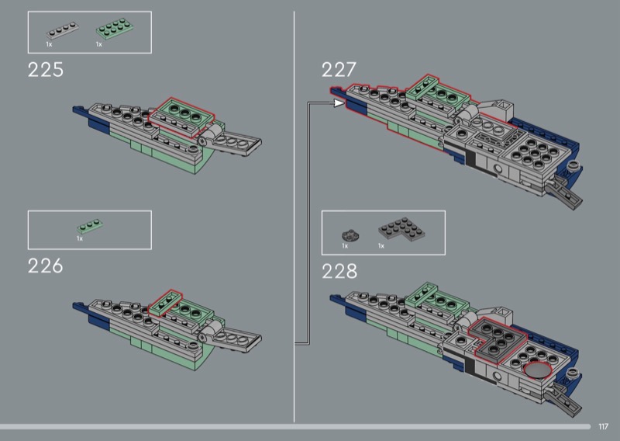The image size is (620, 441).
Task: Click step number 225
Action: [x=46, y=70]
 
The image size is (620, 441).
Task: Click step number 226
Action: [x=46, y=266]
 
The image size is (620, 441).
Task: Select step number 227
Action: [x=339, y=70]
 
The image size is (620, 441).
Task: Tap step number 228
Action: [x=339, y=272]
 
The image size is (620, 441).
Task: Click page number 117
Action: [x=603, y=426]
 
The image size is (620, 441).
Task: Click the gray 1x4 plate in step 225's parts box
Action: [x=63, y=30]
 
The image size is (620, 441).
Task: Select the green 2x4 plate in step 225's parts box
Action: [x=114, y=29]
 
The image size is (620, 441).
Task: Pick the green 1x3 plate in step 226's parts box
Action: [x=90, y=226]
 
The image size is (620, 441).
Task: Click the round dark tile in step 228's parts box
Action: [x=350, y=235]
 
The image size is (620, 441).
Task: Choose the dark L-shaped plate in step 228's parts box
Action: [x=401, y=230]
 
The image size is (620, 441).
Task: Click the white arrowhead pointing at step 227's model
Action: [x=339, y=103]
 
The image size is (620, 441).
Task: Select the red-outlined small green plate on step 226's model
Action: [x=166, y=303]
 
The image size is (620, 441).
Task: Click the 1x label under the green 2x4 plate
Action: [x=99, y=44]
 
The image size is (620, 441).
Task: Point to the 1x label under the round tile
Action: [x=345, y=246]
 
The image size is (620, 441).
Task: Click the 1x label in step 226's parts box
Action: [x=80, y=238]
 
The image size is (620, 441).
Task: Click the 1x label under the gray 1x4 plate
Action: [x=49, y=44]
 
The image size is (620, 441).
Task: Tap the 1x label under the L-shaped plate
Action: [x=381, y=246]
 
